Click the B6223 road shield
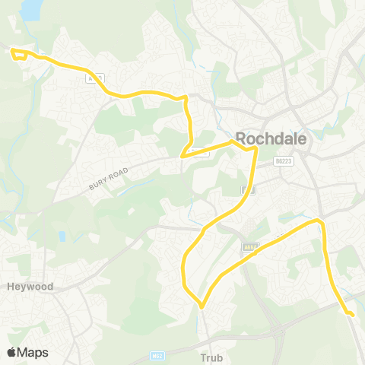tap(284, 161)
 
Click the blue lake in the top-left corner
tap(31, 9)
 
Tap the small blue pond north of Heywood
tap(62, 236)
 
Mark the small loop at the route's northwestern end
tap(17, 53)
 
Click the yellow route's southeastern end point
tap(352, 313)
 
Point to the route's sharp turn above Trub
tap(201, 306)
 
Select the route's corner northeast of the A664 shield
tap(320, 221)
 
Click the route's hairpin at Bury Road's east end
tap(182, 156)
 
